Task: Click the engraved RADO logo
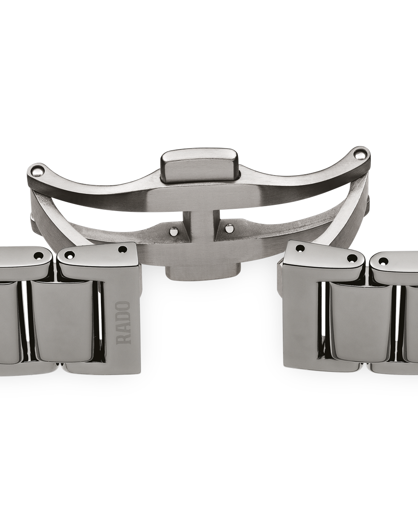click(124, 323)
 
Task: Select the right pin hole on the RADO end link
click(123, 249)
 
